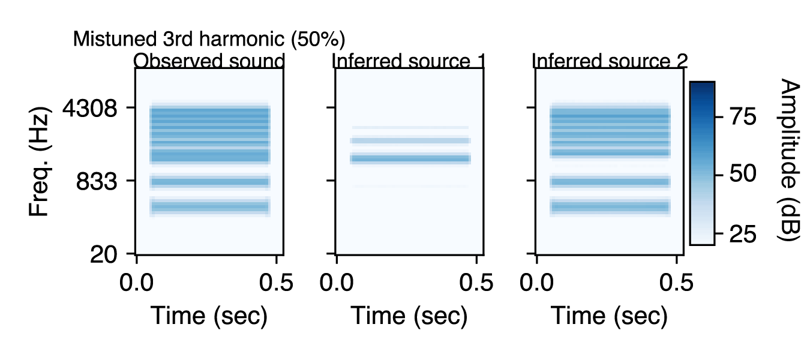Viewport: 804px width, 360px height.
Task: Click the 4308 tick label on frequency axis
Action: [89, 109]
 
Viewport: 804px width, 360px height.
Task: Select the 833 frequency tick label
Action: [98, 181]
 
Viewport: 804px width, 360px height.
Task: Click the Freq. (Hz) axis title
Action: [40, 163]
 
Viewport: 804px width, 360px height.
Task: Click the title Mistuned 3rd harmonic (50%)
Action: [209, 40]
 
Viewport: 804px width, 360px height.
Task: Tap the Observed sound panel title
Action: [209, 61]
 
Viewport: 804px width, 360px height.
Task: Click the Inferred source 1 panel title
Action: [408, 61]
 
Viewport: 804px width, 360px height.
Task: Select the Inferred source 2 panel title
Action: [610, 61]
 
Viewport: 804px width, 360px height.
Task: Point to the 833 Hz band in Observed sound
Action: [210, 181]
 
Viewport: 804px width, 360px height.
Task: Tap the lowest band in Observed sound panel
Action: [210, 207]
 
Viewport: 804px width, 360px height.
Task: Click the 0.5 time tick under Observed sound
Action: [277, 283]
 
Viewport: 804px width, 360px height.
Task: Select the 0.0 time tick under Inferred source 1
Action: [337, 283]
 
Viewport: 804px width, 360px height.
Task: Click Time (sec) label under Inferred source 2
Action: [609, 316]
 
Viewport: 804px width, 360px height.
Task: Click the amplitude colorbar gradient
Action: [701, 163]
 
